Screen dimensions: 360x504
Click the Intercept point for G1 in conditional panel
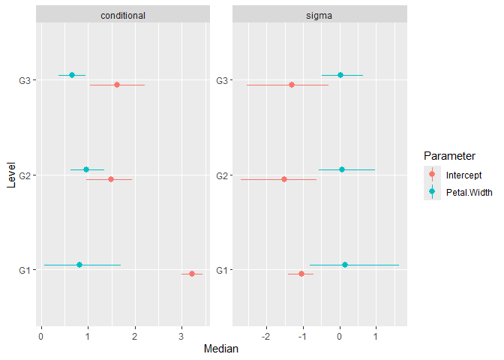click(192, 274)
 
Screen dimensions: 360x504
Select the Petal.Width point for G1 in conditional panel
click(79, 265)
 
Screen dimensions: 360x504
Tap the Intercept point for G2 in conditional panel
click(111, 179)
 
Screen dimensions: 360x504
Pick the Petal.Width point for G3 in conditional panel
click(72, 75)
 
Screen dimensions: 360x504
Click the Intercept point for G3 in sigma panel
click(292, 85)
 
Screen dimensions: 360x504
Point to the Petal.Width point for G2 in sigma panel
click(342, 169)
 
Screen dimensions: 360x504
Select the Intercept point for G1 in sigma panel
click(301, 274)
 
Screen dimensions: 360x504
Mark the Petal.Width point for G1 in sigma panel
click(345, 265)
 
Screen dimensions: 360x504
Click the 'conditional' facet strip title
click(124, 15)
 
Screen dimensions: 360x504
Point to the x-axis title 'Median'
click(222, 349)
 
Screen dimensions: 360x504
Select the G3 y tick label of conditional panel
click(25, 80)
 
